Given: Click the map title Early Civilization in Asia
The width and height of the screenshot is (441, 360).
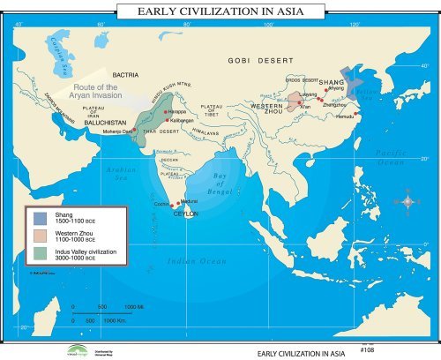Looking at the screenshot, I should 220,11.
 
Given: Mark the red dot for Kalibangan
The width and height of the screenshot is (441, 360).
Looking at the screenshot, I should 165,120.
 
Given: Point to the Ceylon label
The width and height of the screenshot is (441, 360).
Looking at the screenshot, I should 184,214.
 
